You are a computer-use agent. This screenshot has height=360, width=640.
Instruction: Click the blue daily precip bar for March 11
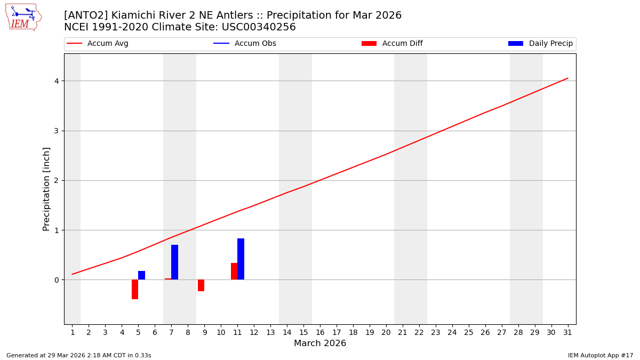pyautogui.click(x=241, y=259)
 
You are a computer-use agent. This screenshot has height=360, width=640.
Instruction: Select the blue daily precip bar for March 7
pyautogui.click(x=174, y=262)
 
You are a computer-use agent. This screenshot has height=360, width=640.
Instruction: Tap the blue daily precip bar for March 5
pyautogui.click(x=141, y=275)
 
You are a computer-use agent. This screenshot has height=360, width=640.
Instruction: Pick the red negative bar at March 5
pyautogui.click(x=135, y=289)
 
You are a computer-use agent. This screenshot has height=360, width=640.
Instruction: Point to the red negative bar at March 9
pyautogui.click(x=201, y=285)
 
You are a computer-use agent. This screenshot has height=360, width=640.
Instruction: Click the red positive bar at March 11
pyautogui.click(x=234, y=271)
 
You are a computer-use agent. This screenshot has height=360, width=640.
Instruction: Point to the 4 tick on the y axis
pyautogui.click(x=55, y=81)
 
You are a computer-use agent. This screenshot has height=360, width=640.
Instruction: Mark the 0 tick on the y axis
pyautogui.click(x=55, y=280)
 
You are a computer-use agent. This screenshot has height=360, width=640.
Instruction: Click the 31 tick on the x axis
pyautogui.click(x=567, y=333)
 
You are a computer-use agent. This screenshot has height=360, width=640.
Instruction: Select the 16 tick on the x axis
pyautogui.click(x=320, y=333)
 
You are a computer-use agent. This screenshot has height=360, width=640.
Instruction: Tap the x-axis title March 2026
pyautogui.click(x=320, y=343)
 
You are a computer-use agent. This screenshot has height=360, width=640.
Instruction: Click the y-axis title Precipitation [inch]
pyautogui.click(x=46, y=189)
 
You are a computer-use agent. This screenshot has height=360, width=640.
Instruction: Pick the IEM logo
pyautogui.click(x=23, y=17)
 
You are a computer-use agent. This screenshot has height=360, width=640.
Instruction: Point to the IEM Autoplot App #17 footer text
pyautogui.click(x=600, y=355)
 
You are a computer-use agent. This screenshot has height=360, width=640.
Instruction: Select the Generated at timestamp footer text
pyautogui.click(x=78, y=355)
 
